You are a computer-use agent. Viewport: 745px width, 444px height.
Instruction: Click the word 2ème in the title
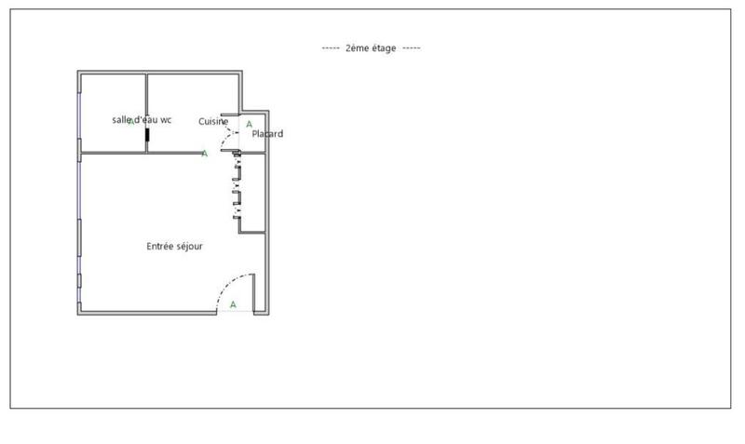coord(358,48)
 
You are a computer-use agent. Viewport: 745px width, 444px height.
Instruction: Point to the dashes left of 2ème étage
coord(330,48)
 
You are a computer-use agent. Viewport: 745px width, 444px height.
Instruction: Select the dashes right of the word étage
coord(412,48)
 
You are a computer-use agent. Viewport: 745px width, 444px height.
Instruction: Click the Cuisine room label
coord(213,122)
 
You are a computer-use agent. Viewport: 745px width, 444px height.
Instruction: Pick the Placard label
coord(267,134)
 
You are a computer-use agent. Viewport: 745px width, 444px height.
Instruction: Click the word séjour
coord(190,247)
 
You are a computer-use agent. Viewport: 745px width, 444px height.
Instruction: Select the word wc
coord(166,120)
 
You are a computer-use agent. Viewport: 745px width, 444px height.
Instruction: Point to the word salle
coord(121,120)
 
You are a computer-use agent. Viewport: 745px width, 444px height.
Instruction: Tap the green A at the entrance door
coord(233,304)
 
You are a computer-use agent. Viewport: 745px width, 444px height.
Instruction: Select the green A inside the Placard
coord(249,124)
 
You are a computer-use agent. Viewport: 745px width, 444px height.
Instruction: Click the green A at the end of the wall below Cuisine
coord(204,154)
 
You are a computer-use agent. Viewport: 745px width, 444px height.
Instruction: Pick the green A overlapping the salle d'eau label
coord(131,121)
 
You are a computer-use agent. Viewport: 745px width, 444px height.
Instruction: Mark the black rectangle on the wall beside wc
coord(147,135)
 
